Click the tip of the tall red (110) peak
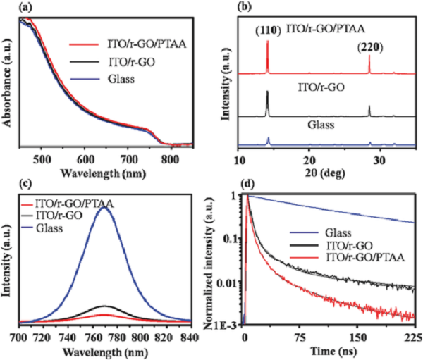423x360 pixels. (x=267, y=41)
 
